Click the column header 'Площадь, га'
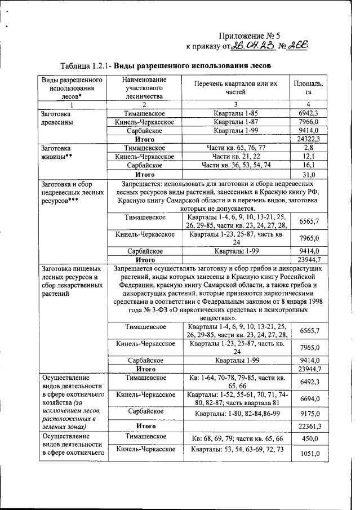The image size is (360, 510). [308, 88]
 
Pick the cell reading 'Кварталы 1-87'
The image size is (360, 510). [235, 121]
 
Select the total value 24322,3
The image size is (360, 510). [307, 139]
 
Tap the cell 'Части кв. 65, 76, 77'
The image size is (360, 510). [235, 147]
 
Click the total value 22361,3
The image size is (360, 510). [308, 427]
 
